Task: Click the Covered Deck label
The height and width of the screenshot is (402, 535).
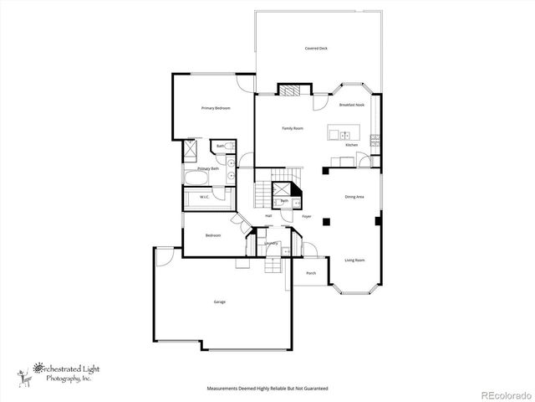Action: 316,49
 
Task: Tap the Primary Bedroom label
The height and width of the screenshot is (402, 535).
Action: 215,108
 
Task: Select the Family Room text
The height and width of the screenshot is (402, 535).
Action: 292,128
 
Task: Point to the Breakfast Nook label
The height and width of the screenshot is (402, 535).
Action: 351,105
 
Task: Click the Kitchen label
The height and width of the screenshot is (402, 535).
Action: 352,145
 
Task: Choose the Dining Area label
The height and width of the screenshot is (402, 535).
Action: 354,197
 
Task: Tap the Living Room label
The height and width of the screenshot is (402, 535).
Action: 355,260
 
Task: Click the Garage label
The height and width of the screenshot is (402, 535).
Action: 220,301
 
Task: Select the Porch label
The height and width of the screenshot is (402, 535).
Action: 311,274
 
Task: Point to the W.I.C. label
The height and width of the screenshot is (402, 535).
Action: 204,198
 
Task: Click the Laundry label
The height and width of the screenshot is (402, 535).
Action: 271,244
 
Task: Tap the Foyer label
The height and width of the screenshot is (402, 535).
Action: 307,216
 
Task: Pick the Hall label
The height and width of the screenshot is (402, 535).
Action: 268,216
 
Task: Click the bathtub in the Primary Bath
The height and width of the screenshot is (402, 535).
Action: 199,178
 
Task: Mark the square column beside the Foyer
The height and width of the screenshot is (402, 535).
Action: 327,222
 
